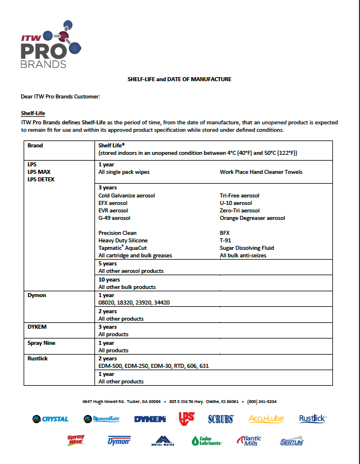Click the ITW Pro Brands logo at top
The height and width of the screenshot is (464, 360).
pos(44,47)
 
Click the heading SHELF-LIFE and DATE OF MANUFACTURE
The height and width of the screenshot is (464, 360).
pos(179,79)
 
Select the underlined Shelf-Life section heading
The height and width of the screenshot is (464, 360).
pos(33,113)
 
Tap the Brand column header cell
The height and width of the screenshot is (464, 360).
pos(35,146)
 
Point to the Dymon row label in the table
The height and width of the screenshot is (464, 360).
pos(37,295)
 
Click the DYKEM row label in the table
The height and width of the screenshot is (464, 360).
pos(37,326)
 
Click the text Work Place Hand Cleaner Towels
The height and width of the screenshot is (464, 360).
pos(261,172)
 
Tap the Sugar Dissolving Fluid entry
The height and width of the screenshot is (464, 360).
pos(247,248)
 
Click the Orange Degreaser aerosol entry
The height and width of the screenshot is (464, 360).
pos(252,218)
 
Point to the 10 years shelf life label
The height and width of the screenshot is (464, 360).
pos(109,280)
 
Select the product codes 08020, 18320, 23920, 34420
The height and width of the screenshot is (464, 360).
pos(134,302)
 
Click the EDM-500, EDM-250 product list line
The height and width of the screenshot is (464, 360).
pos(153,366)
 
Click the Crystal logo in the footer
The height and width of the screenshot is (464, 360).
pos(51,419)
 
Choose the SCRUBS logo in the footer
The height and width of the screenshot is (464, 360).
pos(221,419)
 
